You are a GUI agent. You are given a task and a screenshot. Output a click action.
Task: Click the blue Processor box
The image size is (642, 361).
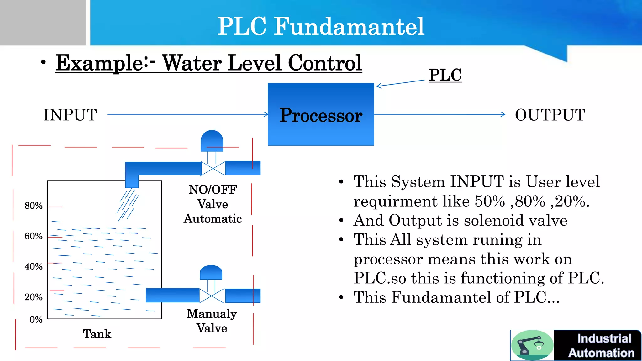pyautogui.click(x=321, y=114)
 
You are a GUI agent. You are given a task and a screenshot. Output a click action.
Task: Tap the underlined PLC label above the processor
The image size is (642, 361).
pyautogui.click(x=445, y=75)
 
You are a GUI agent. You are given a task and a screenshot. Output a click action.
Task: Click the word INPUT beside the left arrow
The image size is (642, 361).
pyautogui.click(x=70, y=115)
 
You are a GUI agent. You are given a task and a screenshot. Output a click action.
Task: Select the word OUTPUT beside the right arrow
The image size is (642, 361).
pyautogui.click(x=550, y=115)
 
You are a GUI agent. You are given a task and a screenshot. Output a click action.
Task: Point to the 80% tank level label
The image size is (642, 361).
pyautogui.click(x=34, y=206)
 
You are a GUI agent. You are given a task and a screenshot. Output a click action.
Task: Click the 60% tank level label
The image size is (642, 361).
pyautogui.click(x=34, y=236)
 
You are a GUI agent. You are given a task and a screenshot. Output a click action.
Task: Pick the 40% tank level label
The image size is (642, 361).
pyautogui.click(x=34, y=267)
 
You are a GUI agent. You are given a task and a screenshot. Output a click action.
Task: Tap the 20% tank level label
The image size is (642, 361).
pyautogui.click(x=34, y=297)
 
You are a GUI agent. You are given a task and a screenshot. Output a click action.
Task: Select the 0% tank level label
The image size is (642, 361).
pyautogui.click(x=36, y=320)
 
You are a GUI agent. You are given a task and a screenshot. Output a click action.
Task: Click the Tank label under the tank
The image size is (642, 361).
pyautogui.click(x=97, y=334)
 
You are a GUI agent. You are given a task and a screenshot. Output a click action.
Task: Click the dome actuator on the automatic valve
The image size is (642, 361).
pyautogui.click(x=212, y=141)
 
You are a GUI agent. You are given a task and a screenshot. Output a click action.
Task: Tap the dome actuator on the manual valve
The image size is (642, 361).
pyautogui.click(x=211, y=272)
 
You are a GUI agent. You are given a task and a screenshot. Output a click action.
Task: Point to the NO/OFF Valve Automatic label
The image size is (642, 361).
pyautogui.click(x=213, y=204)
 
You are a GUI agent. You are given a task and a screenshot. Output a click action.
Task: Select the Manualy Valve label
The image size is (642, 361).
pyautogui.click(x=212, y=321)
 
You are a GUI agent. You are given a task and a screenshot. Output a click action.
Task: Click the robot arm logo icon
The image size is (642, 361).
pyautogui.click(x=532, y=345)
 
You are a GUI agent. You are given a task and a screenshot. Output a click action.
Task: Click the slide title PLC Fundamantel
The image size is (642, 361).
pyautogui.click(x=321, y=26)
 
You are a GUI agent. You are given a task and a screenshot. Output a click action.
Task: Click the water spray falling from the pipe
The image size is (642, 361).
pyautogui.click(x=128, y=205)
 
